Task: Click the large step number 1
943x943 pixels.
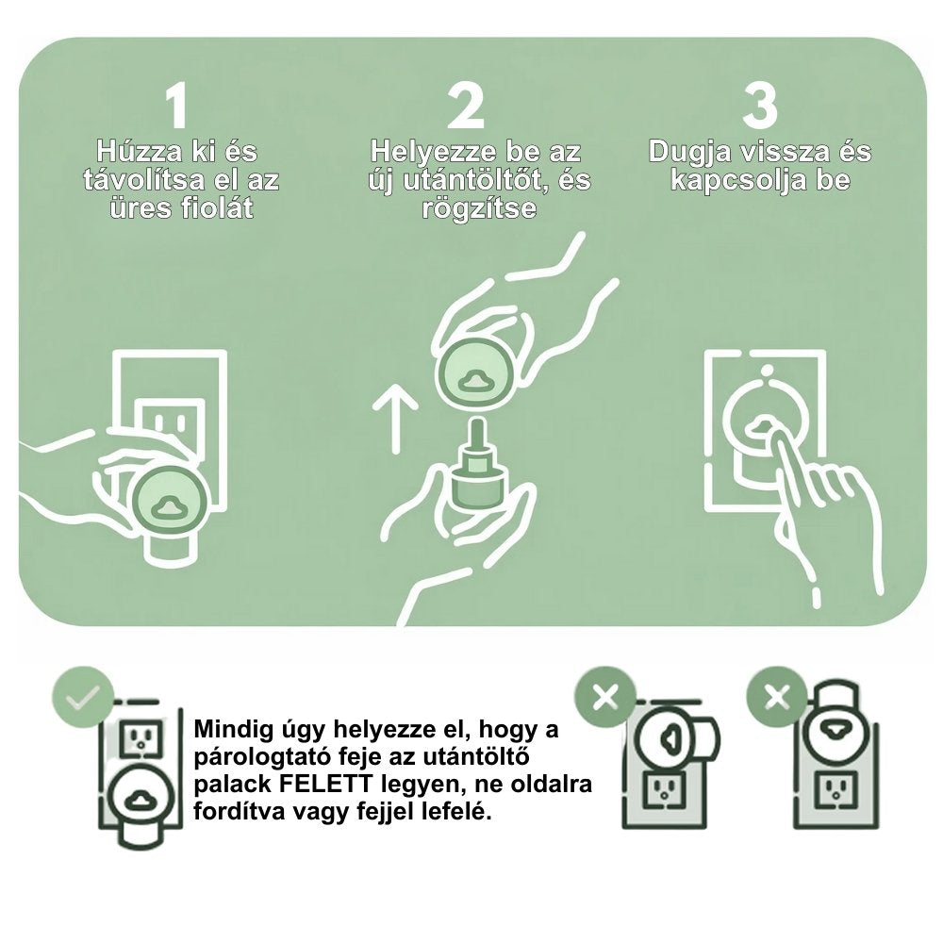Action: click(176, 107)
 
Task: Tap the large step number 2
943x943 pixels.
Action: click(466, 107)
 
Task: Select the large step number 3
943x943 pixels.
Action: click(760, 107)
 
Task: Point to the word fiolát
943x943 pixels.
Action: click(215, 208)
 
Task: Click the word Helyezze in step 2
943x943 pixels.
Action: click(434, 152)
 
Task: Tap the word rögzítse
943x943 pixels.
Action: click(479, 209)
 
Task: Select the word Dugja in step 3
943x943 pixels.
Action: click(691, 152)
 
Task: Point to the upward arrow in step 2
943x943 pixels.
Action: click(395, 420)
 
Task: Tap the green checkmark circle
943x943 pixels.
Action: click(83, 698)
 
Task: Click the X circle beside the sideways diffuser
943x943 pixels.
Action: click(605, 698)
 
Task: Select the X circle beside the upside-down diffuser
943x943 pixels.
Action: click(777, 698)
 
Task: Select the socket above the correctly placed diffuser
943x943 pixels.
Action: click(141, 738)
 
